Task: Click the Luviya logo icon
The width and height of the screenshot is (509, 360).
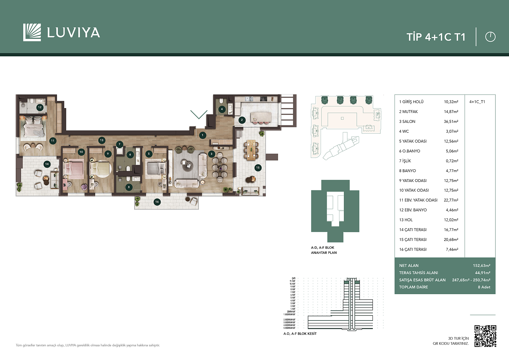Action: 32,32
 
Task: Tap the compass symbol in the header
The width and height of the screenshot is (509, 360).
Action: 490,37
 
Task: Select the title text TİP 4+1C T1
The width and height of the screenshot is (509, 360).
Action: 436,37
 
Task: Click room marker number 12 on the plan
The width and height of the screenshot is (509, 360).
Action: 40,107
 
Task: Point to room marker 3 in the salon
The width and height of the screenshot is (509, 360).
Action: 212,154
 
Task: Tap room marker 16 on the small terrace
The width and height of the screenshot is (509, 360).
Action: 157,201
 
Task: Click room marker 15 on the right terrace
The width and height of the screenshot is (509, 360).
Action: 258,167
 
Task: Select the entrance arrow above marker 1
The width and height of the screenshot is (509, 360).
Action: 199,114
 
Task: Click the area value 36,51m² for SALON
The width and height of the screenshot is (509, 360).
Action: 451,122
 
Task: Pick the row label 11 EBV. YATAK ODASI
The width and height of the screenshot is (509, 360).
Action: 418,200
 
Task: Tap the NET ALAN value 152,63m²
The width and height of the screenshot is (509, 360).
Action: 481,265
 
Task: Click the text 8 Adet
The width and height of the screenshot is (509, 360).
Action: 484,287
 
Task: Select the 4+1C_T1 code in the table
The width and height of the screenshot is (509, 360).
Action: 477,102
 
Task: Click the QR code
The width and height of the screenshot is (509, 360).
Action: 485,336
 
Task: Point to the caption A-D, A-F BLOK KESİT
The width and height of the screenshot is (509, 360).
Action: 300,334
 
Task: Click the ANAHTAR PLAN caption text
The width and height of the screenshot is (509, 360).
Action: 324,253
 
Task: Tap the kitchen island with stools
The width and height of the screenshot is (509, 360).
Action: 261,117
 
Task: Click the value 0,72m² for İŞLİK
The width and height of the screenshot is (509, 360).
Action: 452,161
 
